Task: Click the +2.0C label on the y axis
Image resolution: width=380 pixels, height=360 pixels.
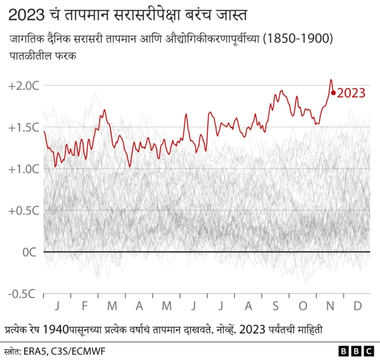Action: [x=24, y=86]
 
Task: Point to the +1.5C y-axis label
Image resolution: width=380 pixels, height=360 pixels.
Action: [x=24, y=128]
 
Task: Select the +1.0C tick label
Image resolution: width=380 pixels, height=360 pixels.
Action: [x=24, y=169]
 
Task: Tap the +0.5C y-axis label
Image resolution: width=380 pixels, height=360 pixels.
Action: [x=24, y=211]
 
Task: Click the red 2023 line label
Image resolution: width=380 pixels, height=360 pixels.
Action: [x=351, y=93]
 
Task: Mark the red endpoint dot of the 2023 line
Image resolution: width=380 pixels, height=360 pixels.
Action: [x=334, y=93]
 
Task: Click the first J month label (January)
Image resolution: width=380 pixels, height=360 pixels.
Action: [x=57, y=305]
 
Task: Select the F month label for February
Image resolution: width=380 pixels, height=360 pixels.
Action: [x=84, y=305]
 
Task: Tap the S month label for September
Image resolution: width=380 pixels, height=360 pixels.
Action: [x=275, y=305]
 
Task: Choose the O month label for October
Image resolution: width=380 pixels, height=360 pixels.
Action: [x=303, y=305]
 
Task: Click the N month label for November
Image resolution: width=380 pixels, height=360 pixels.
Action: [x=331, y=305]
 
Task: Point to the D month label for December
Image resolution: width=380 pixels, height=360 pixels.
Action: [x=358, y=305]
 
